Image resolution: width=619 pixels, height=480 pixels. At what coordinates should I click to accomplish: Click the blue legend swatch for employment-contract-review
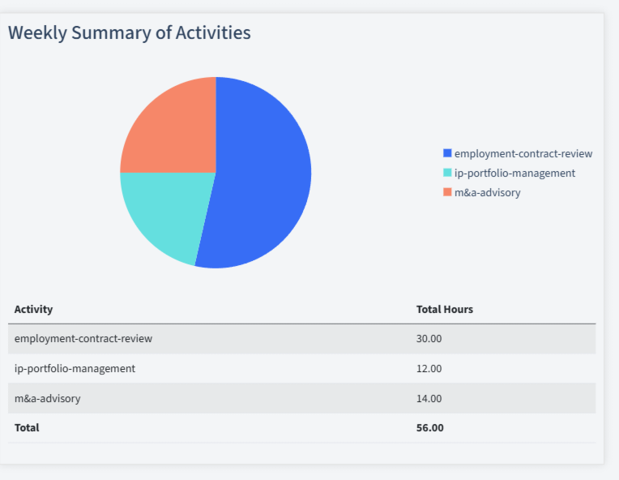tap(447, 153)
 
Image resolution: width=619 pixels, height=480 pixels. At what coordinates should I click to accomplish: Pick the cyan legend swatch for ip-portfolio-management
tap(447, 173)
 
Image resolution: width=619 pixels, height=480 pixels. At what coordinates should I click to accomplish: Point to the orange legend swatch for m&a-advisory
tap(447, 192)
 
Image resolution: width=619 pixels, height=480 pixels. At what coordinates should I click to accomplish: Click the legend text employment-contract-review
tap(523, 153)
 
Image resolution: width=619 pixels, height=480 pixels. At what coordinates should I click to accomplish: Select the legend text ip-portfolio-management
tap(514, 173)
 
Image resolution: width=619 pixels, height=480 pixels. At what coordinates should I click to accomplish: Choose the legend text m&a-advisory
tap(487, 192)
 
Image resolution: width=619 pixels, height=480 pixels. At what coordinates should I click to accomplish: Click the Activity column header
tap(33, 309)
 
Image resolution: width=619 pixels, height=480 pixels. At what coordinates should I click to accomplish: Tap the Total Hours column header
tap(444, 309)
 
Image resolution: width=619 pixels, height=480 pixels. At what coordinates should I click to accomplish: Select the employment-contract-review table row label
tap(83, 338)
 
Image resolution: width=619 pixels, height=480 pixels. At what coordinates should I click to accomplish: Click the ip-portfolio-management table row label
tap(75, 368)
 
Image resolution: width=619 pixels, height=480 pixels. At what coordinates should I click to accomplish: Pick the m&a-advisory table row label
tap(47, 398)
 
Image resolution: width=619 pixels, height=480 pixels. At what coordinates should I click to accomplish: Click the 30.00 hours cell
tap(429, 338)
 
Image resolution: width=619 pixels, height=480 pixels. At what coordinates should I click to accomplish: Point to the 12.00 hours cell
tap(429, 368)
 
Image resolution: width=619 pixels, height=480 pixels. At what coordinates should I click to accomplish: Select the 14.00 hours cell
tap(429, 398)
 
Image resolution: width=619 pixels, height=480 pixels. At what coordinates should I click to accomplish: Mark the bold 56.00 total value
tap(429, 427)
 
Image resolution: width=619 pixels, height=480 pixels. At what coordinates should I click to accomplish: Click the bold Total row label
tap(27, 427)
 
